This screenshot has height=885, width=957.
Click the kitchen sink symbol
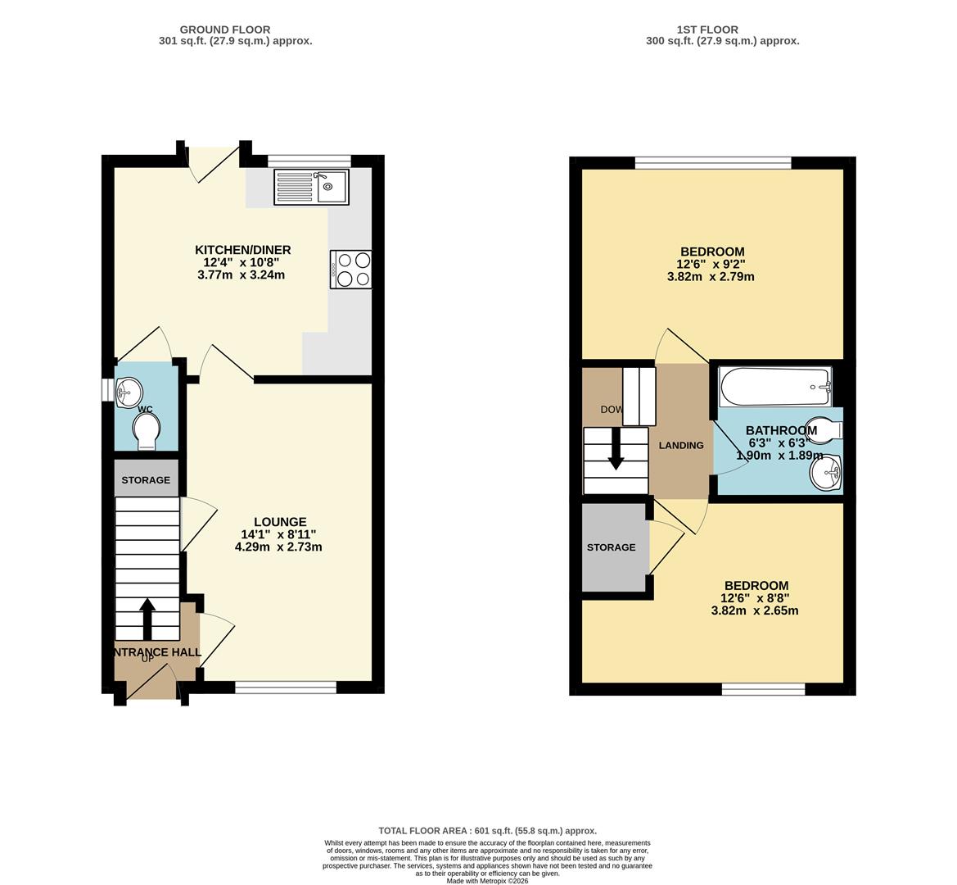click(x=311, y=187)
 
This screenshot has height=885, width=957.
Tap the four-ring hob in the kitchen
click(x=350, y=270)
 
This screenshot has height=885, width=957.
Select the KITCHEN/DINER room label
click(x=242, y=250)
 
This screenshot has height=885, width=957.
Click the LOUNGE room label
click(x=280, y=522)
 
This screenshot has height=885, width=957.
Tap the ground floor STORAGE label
click(x=146, y=480)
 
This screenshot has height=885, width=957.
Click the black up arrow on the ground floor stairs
click(x=147, y=619)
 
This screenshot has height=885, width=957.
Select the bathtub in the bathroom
click(x=774, y=387)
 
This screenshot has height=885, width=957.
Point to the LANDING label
click(x=681, y=446)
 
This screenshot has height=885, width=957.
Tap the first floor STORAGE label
click(x=611, y=547)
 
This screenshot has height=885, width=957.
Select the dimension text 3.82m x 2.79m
click(x=711, y=277)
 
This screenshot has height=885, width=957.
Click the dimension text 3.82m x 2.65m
click(x=754, y=610)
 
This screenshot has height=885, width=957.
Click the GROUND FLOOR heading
click(x=225, y=29)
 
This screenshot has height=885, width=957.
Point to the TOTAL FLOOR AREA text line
click(x=487, y=831)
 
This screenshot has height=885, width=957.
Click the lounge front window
click(x=286, y=688)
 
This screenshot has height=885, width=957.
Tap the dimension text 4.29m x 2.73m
click(x=278, y=547)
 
